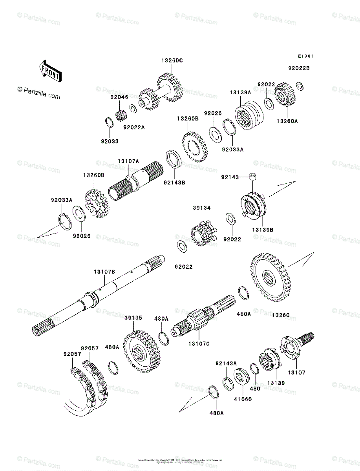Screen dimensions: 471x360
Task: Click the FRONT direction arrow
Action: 49,70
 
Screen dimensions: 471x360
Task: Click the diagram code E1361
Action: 305,56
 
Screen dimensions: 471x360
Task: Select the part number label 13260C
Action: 172,60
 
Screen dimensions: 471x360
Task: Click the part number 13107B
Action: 104,272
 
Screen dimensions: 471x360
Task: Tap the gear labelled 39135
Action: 140,347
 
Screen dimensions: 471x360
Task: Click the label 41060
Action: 243,399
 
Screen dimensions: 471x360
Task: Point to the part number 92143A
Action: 226,363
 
